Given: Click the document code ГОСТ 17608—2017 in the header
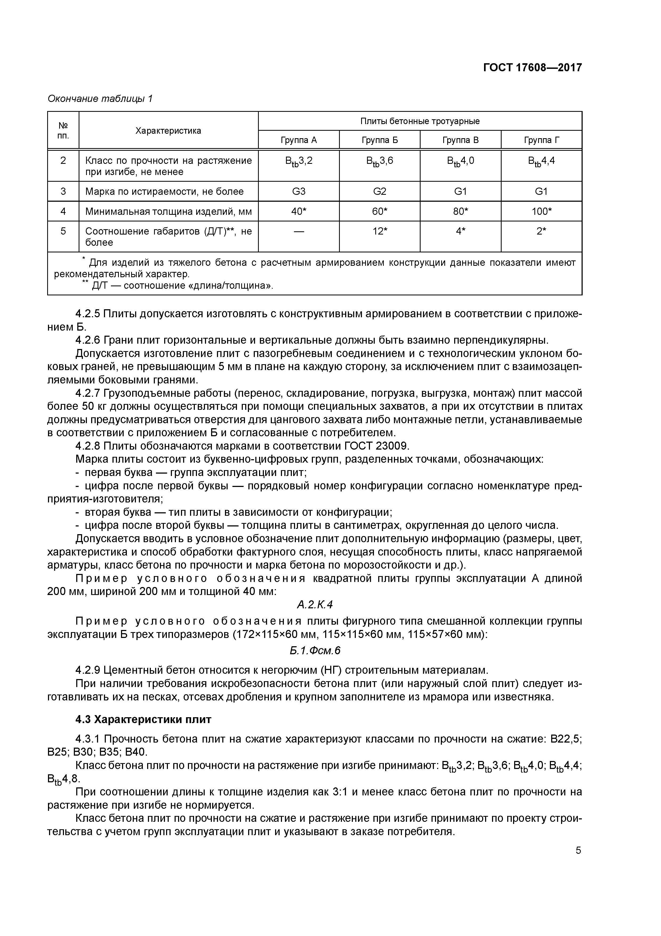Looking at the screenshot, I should pos(532,67).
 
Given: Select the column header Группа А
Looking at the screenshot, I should pos(299,140).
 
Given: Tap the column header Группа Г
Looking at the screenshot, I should pos(541,140).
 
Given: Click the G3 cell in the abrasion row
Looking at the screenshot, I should pos(299,191).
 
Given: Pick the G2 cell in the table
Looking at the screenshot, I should pos(380,191).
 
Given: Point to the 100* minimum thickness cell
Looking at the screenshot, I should pos(541,211).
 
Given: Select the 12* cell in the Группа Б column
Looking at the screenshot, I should pos(380,231).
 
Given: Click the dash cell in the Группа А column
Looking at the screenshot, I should pos(299,231).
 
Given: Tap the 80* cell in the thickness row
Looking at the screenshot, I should pos(460,211).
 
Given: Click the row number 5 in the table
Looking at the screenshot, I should pos(63,231).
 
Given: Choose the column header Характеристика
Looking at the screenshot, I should pos(168,131).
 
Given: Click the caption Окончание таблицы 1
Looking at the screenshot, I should pos(100,99).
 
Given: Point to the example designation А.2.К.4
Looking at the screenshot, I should pos(315,605).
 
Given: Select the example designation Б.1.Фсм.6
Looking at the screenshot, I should pos(315,651).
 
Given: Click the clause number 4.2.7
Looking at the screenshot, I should pos(88,393).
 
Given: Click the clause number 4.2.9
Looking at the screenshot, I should pos(88,670).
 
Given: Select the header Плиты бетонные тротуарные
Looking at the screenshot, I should pos(420,121).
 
